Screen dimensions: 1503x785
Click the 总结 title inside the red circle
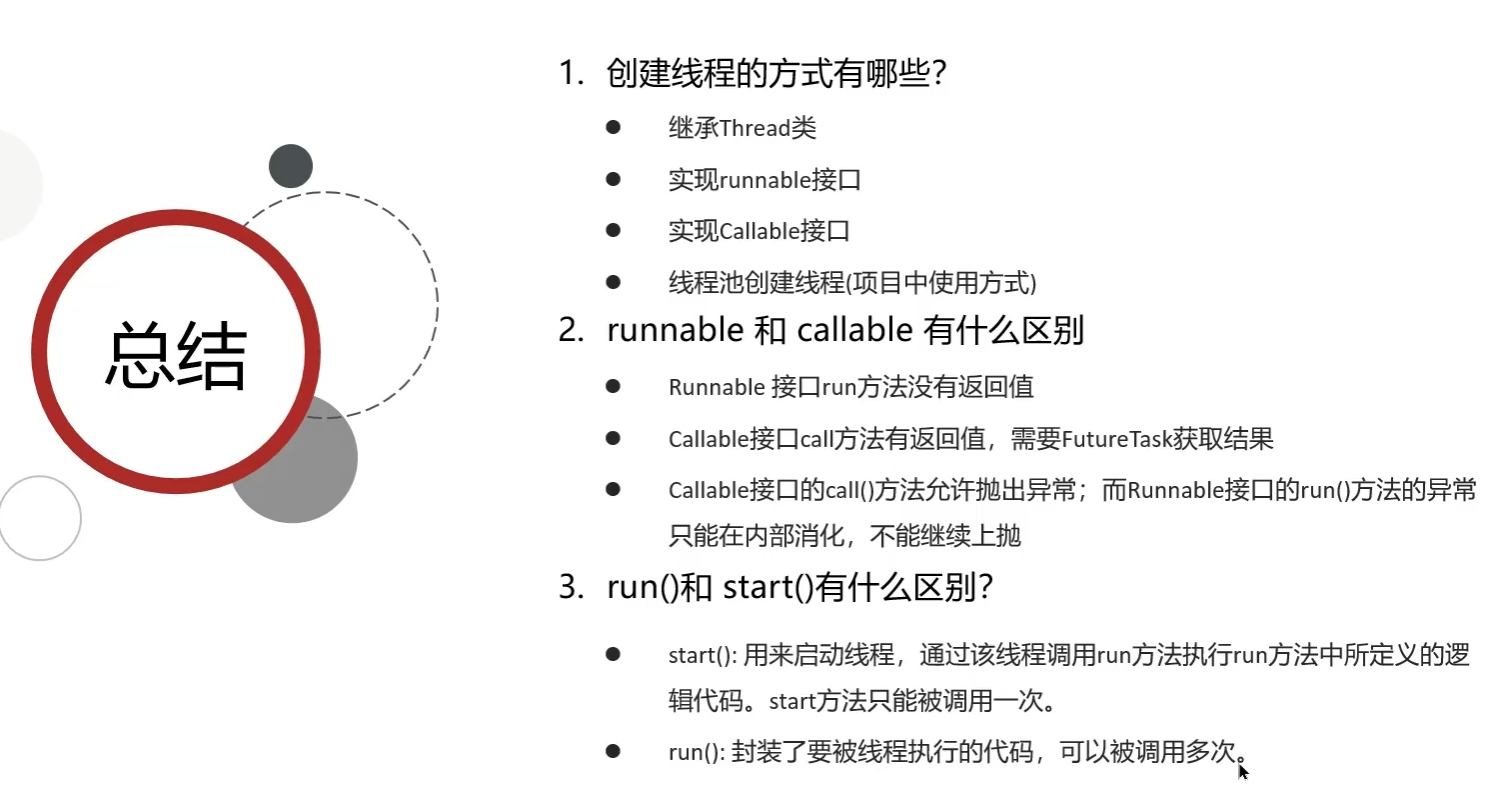coord(177,355)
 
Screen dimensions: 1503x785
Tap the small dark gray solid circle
coord(291,166)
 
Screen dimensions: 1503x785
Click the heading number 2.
coord(571,330)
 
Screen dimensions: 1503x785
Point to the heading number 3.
coord(571,588)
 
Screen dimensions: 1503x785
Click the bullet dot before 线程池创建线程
coord(613,282)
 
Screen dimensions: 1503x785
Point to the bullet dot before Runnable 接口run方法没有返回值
coord(613,386)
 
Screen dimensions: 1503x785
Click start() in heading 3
coord(768,588)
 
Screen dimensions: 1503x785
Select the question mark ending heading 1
coord(939,73)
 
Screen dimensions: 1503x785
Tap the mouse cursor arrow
coord(1243,772)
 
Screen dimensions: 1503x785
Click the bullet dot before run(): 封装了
coord(613,751)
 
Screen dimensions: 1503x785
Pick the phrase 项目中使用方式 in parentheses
coord(942,283)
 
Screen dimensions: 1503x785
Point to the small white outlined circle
coord(40,478)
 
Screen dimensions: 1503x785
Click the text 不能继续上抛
coord(944,536)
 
